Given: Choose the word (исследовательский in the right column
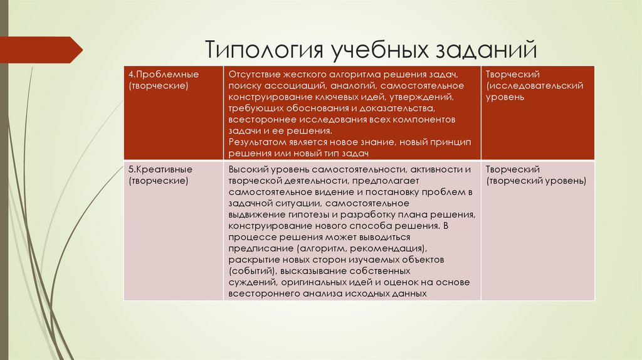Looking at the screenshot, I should tap(535, 86).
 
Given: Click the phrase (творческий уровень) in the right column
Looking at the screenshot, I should tap(536, 181).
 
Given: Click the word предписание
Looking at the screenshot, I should tap(256, 248).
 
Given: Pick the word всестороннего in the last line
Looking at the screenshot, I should tap(258, 294).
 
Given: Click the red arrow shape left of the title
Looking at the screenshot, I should tap(41, 50).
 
